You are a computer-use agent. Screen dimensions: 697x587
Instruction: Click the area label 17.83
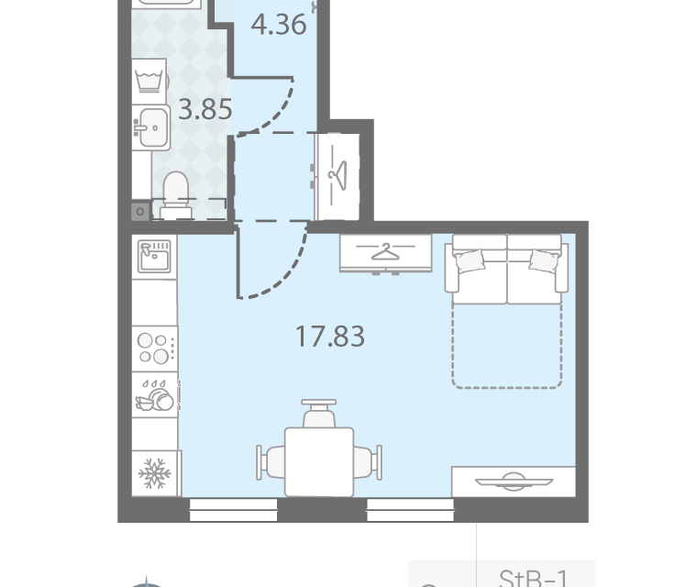tap(330, 337)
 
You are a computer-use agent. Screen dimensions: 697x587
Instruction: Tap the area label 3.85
tap(205, 109)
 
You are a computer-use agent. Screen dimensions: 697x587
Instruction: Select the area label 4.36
tap(279, 25)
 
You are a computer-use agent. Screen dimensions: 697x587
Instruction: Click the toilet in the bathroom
tap(176, 194)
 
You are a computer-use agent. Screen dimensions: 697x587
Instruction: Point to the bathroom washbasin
tap(151, 127)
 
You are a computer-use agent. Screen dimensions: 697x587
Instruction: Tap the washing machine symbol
tap(149, 81)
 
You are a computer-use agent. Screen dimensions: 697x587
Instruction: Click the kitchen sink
tap(154, 257)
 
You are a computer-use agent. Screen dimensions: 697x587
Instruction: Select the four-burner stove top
tap(155, 348)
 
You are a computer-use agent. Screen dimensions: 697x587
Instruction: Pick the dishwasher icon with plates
tap(155, 395)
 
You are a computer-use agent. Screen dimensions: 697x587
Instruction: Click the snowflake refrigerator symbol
tap(155, 472)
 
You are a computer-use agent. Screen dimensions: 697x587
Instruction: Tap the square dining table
tap(319, 461)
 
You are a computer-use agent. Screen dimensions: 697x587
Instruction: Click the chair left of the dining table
tap(271, 462)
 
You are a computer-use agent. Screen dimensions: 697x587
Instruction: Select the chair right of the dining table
tap(368, 462)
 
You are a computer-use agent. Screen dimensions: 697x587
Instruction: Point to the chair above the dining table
tap(319, 414)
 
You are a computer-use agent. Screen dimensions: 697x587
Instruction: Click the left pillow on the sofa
tap(469, 260)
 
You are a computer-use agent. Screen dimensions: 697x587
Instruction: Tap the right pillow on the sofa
tap(544, 260)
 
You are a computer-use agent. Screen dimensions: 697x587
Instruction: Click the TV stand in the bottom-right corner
tap(514, 482)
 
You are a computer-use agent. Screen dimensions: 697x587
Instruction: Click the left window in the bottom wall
tap(233, 510)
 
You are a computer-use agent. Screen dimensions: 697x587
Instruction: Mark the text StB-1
tap(534, 578)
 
